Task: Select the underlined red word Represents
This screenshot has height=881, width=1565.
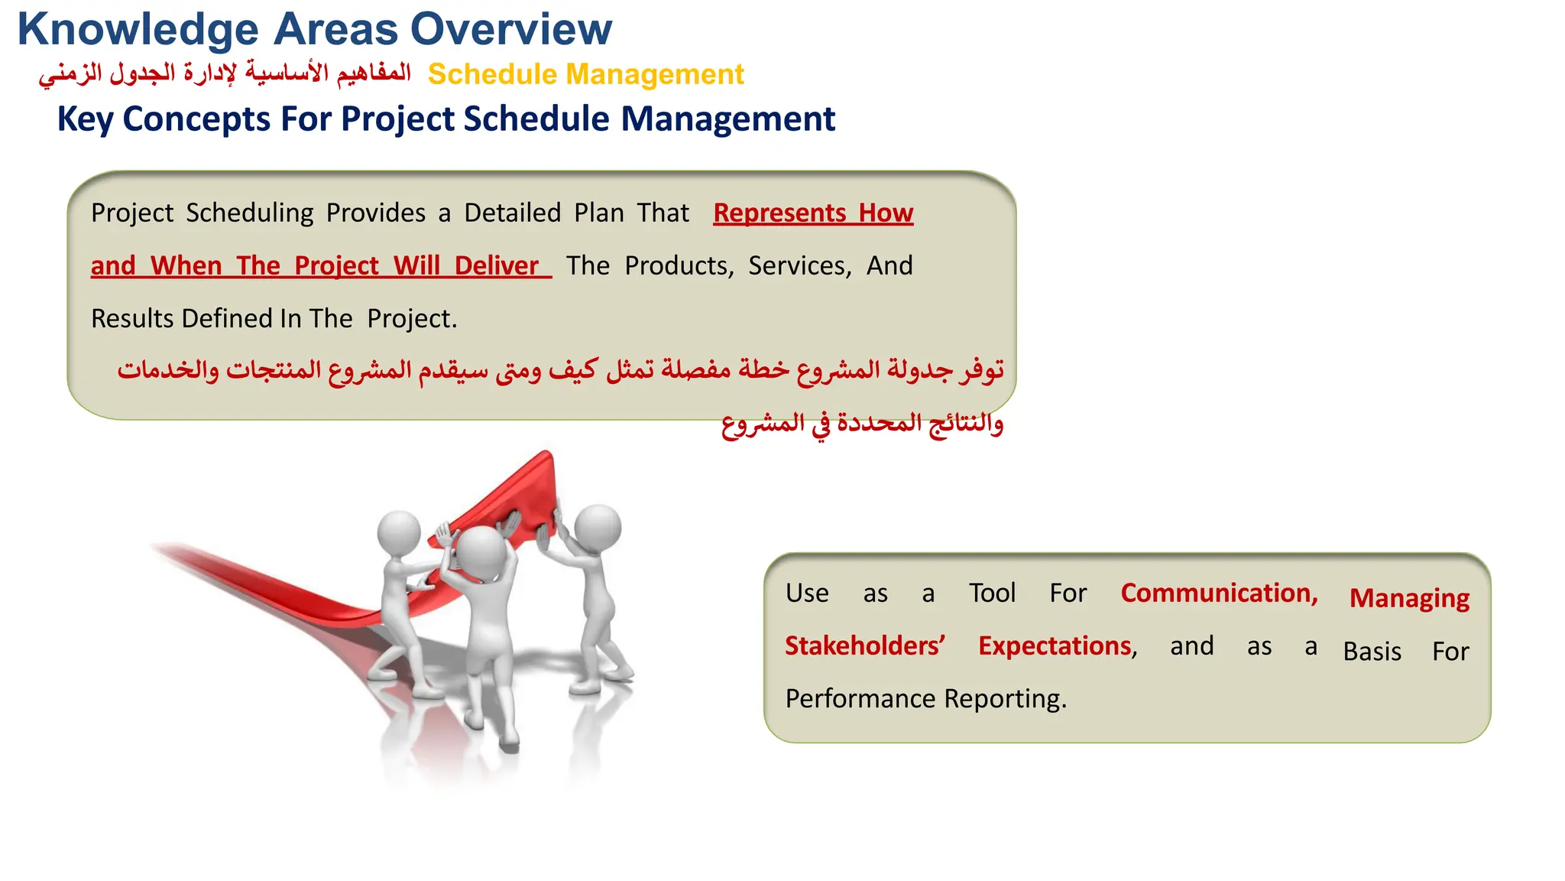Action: point(779,213)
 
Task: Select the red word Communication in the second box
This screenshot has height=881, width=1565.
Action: point(1218,593)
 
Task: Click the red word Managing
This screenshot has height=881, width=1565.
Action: point(1408,599)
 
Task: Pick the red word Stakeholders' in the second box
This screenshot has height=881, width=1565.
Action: point(864,646)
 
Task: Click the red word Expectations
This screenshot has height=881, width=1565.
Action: point(1055,646)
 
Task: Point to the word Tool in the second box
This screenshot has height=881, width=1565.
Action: point(992,593)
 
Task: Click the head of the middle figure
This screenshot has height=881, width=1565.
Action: point(481,549)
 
